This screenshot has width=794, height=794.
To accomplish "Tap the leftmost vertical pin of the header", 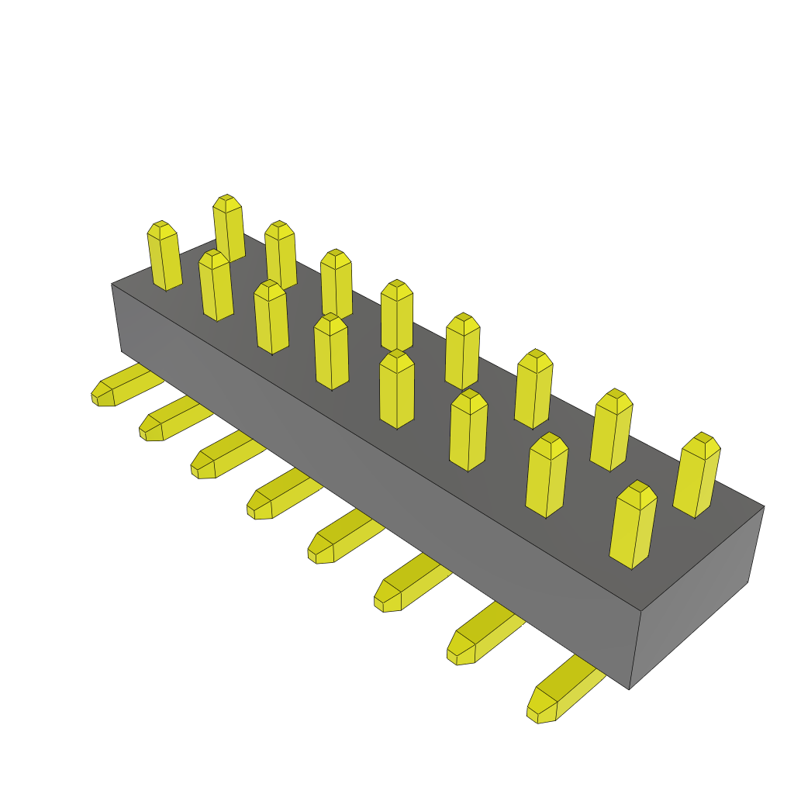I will (x=164, y=256).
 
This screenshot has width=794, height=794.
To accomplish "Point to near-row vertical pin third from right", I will (x=468, y=430).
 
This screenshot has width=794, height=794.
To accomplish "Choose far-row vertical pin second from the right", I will (x=611, y=430).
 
